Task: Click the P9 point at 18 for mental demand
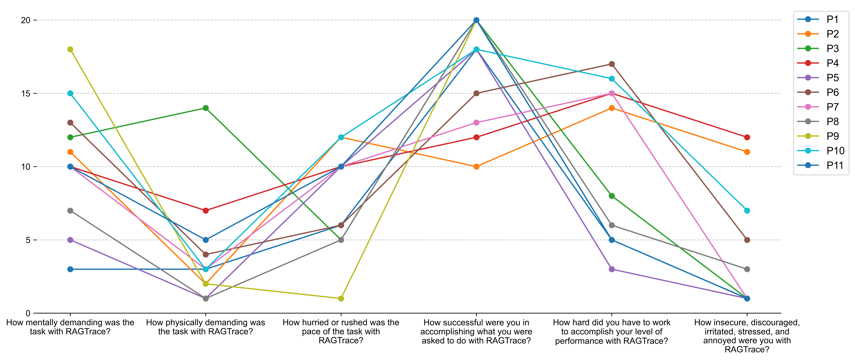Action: click(x=70, y=49)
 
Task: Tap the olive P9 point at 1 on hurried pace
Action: click(x=341, y=298)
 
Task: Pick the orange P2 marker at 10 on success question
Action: click(x=476, y=167)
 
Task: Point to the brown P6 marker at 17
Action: click(x=612, y=64)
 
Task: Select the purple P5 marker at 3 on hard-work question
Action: click(x=612, y=269)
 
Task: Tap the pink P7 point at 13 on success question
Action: click(x=476, y=123)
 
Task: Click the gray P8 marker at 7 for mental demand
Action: click(x=70, y=211)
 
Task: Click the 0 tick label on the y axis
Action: click(x=28, y=313)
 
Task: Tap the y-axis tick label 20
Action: click(x=26, y=20)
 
